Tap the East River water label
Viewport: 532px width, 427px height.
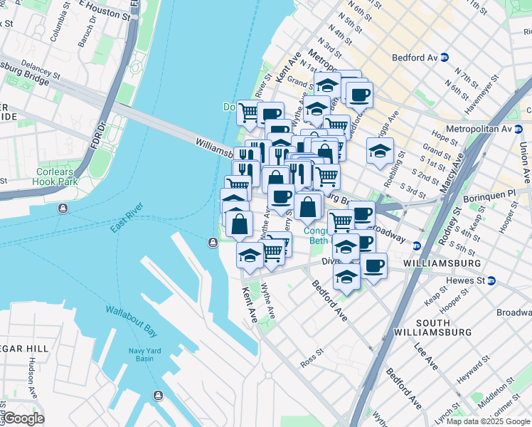127,218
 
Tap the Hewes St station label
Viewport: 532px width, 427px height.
464,281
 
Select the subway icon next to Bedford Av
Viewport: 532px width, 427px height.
444,58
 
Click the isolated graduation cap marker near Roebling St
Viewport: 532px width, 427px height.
381,150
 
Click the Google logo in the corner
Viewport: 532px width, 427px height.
23,418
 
